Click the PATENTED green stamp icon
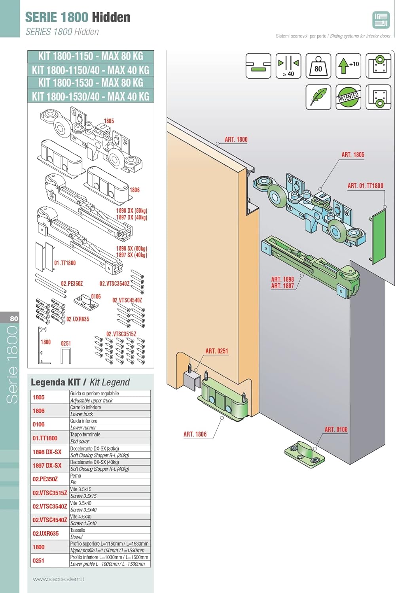348,97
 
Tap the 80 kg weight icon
318,66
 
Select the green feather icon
318,97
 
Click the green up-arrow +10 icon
348,66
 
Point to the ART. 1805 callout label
352,155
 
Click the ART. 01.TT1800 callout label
365,186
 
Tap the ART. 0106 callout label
336,429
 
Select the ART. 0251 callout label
216,351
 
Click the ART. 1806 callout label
195,434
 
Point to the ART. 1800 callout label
236,140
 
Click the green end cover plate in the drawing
379,235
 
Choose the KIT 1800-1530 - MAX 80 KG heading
91,83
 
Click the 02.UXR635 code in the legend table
45,533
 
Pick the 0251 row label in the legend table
38,561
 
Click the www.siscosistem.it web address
59,579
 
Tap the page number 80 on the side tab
14,318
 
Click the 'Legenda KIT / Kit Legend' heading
80,382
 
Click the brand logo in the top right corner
381,20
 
